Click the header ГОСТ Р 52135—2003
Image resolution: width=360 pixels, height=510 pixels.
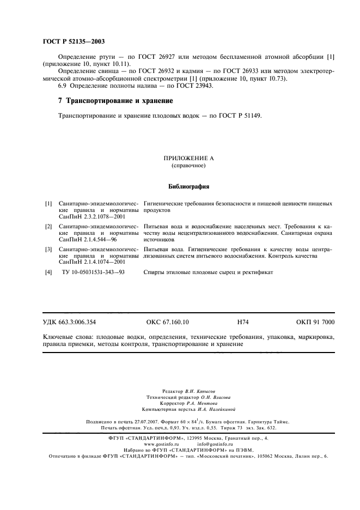(x=74, y=42)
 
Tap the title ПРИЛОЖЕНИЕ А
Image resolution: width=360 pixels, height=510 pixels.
(x=189, y=158)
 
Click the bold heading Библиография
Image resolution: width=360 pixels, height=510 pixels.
(x=189, y=186)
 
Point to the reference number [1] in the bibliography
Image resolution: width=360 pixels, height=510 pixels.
(x=48, y=203)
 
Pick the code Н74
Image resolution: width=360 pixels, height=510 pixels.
(x=243, y=323)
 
